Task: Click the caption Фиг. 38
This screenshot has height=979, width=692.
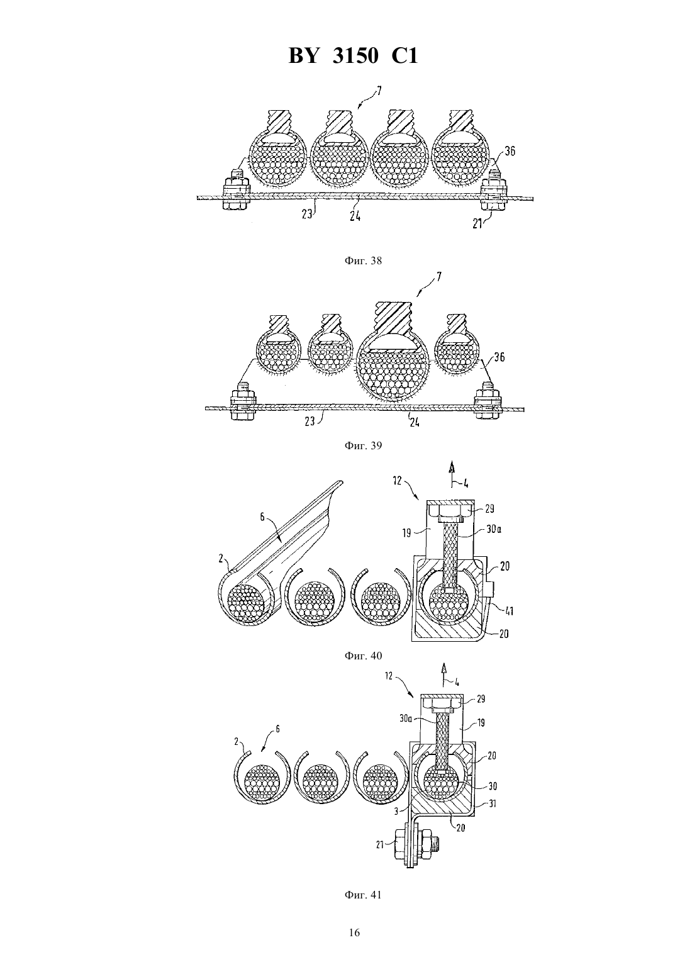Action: pos(363,261)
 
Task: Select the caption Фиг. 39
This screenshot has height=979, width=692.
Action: pos(363,445)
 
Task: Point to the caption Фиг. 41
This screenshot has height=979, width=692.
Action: pos(363,891)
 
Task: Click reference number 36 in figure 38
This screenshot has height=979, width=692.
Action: pos(510,151)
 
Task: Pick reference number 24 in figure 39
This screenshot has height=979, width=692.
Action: pos(414,422)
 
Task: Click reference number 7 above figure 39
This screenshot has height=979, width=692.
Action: pos(438,276)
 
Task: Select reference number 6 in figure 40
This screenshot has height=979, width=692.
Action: pos(262,517)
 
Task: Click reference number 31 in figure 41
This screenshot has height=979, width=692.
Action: pos(493,803)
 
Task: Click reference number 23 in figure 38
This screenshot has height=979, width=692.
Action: pos(308,215)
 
